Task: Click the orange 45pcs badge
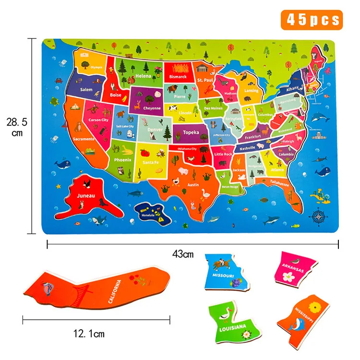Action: (313, 20)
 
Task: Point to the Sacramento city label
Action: (84, 139)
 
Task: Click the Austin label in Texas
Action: (193, 185)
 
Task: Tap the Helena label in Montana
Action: (143, 76)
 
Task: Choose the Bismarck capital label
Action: (178, 76)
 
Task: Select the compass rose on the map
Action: (318, 216)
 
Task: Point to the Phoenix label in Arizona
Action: (123, 160)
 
